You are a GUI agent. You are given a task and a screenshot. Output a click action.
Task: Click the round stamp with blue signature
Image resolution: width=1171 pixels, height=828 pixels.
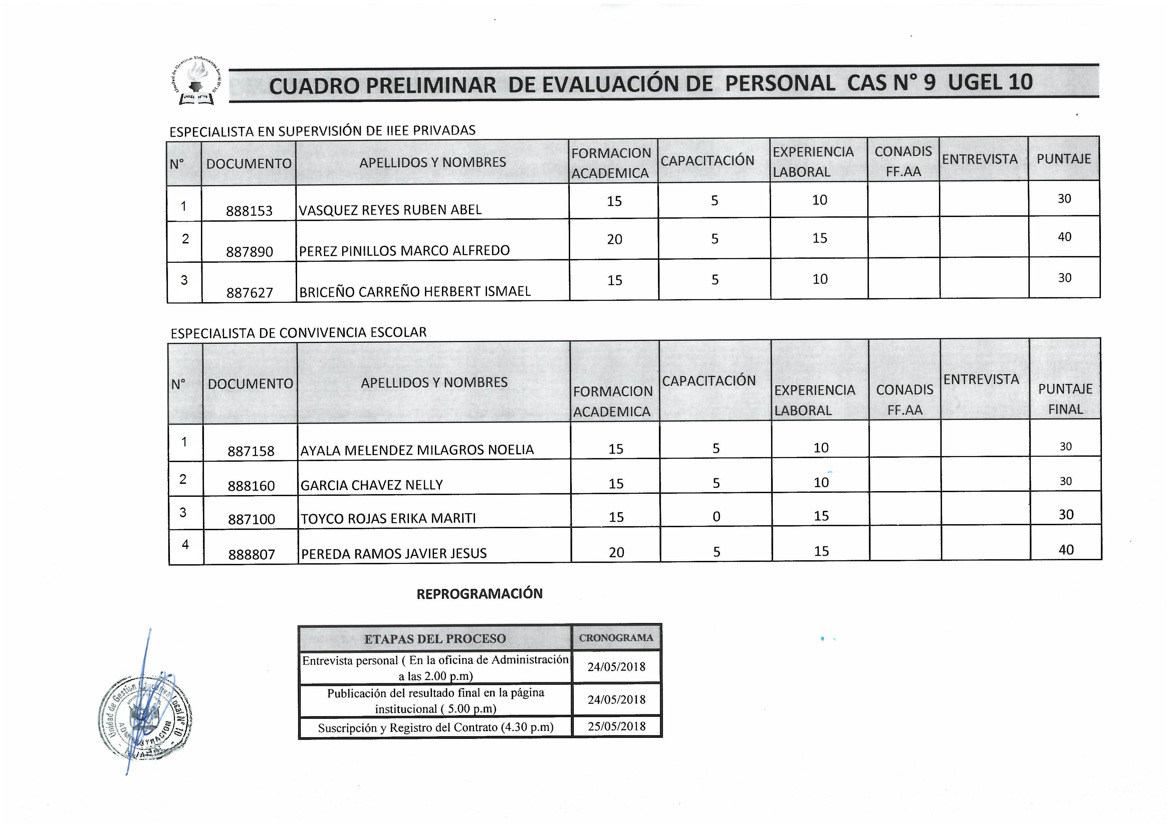[x=145, y=717]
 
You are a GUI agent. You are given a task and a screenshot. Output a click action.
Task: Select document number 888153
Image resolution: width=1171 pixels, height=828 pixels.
[x=249, y=211]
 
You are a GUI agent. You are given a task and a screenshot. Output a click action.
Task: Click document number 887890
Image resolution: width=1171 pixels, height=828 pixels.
[x=249, y=251]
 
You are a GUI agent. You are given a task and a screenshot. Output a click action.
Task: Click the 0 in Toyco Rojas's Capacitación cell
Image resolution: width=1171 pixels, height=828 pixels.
[x=716, y=517]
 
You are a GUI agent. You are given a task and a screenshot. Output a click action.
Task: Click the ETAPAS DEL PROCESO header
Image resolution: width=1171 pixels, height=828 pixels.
[x=435, y=639]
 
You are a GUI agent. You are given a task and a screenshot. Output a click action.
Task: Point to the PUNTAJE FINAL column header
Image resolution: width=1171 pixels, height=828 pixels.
[x=1065, y=399]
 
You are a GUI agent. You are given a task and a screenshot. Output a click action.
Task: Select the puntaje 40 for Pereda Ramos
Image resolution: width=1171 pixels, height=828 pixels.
[x=1066, y=550]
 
